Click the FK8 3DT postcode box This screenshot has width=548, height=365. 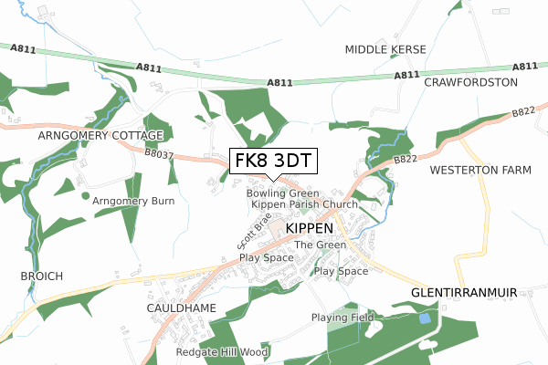click(x=273, y=161)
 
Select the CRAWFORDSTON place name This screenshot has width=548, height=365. click(x=470, y=82)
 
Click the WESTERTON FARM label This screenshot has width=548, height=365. click(x=479, y=171)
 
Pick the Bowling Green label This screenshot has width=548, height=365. click(x=282, y=193)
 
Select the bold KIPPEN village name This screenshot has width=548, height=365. click(x=310, y=226)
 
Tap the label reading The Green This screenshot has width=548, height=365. click(x=320, y=245)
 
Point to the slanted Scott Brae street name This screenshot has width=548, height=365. click(x=254, y=233)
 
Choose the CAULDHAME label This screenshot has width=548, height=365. click(x=181, y=308)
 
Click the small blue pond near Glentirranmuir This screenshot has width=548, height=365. click(x=424, y=318)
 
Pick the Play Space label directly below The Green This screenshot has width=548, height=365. click(x=341, y=271)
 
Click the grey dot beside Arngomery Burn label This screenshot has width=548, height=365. click(x=86, y=195)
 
